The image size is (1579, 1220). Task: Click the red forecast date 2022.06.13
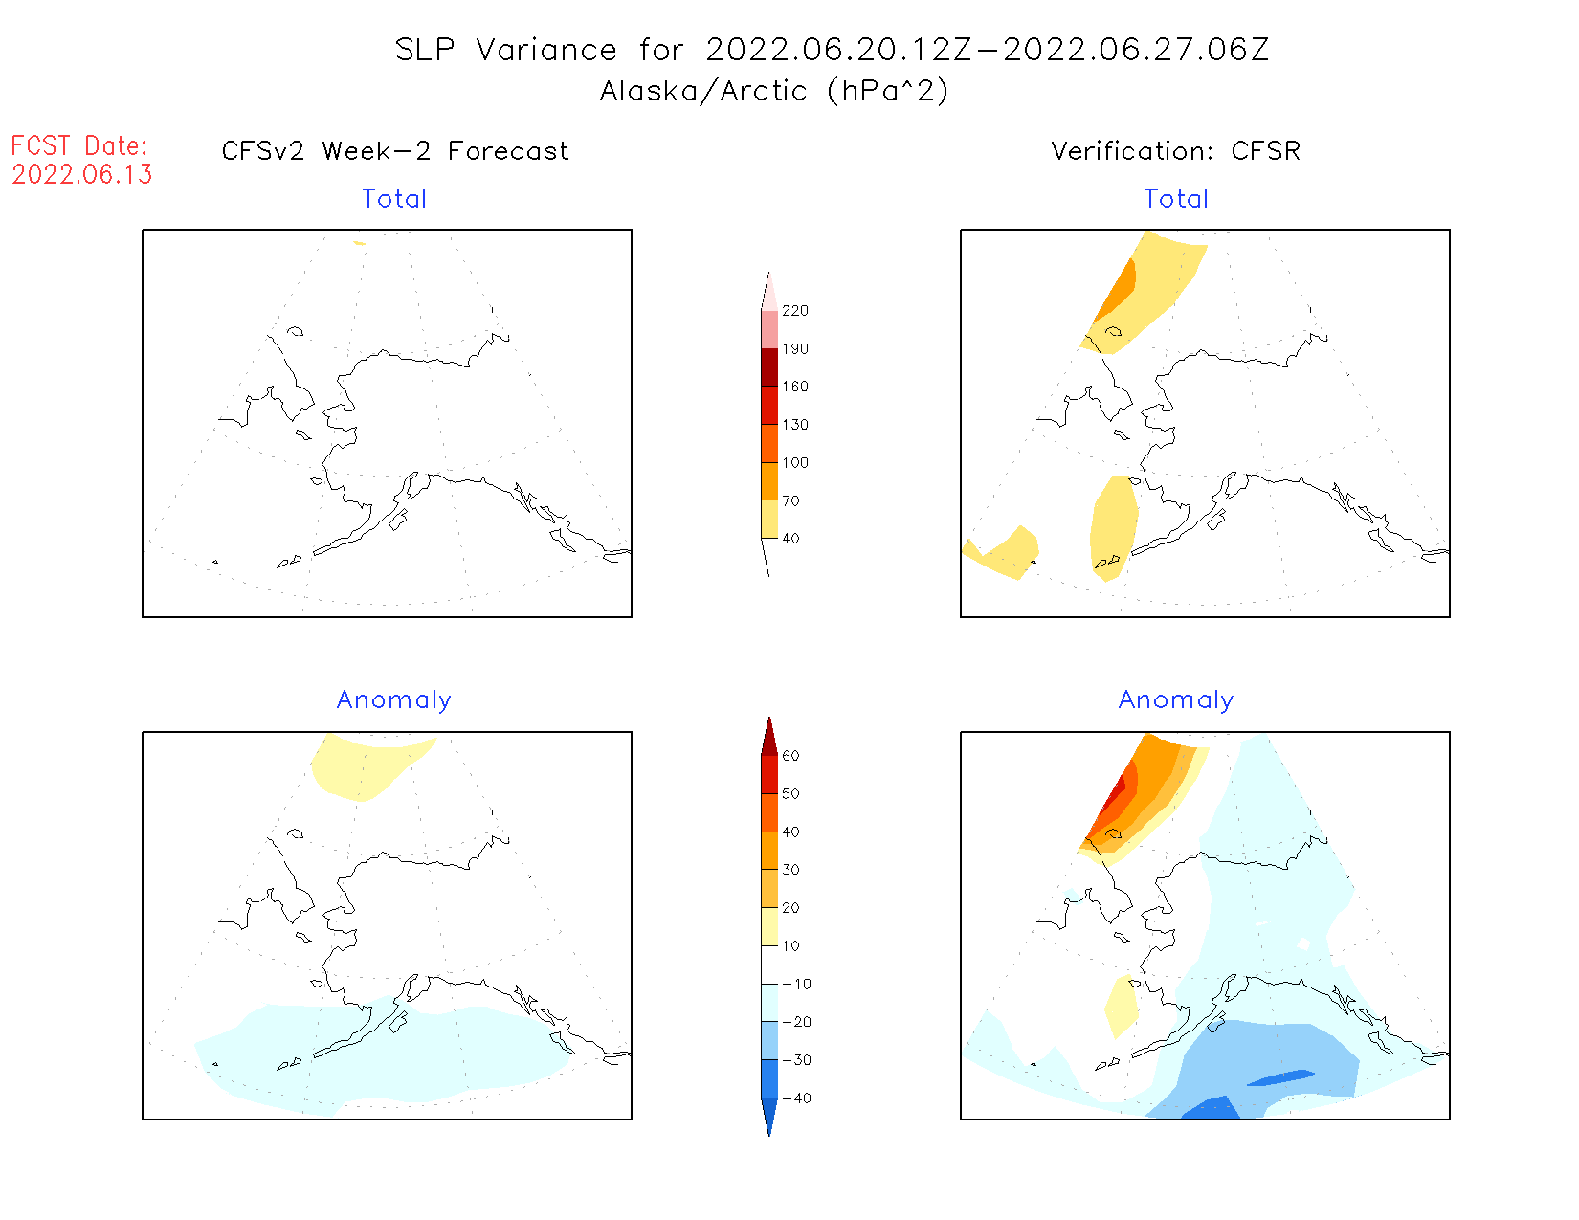click(82, 175)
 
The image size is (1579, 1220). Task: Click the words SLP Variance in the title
click(505, 50)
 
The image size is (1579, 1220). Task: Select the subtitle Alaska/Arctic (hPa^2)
click(773, 91)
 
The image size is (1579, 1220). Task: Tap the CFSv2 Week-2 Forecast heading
click(395, 151)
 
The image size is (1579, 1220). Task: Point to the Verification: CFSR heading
click(1175, 151)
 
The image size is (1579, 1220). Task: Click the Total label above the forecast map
click(394, 199)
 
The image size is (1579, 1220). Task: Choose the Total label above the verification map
click(1176, 199)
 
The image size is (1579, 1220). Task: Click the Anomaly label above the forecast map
click(393, 700)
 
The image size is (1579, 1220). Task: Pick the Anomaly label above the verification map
click(1176, 700)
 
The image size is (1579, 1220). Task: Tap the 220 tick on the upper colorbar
click(794, 311)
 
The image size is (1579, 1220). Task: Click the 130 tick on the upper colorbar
click(794, 425)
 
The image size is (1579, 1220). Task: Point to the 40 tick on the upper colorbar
click(790, 539)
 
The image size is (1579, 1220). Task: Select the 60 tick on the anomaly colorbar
click(790, 756)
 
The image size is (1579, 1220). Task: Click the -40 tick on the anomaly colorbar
click(796, 1098)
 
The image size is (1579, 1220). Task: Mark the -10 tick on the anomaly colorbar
click(796, 985)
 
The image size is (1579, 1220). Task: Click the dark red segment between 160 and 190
click(769, 367)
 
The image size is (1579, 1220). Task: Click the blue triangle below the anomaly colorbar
click(769, 1116)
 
